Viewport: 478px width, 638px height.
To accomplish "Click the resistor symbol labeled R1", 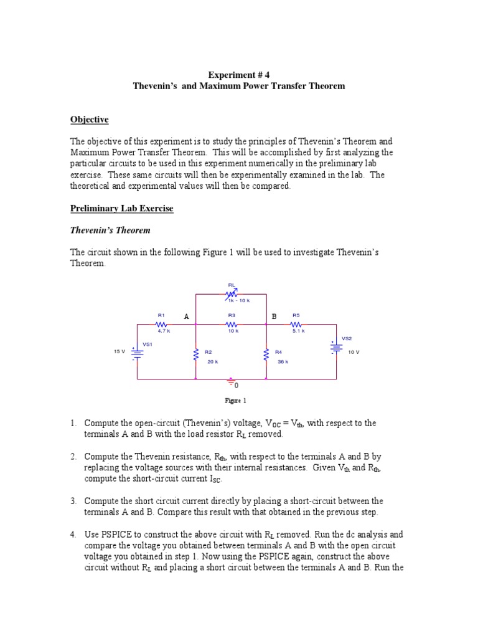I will click(161, 324).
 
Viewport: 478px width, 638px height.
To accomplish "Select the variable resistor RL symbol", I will click(232, 293).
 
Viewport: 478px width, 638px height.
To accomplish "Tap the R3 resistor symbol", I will click(232, 324).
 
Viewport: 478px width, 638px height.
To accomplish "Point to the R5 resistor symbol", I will click(296, 324).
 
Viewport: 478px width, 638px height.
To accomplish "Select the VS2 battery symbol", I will click(337, 347).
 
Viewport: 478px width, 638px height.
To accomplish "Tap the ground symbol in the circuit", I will click(232, 381).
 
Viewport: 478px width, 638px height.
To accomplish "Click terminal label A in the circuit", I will click(186, 317).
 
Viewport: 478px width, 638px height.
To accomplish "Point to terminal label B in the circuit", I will click(274, 317).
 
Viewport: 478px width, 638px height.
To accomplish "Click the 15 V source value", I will click(119, 351).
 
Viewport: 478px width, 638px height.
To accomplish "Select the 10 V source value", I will click(354, 352).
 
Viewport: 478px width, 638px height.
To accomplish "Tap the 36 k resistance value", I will click(283, 361).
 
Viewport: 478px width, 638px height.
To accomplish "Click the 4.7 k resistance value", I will click(164, 331).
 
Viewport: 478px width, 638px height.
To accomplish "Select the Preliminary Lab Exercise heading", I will click(121, 209).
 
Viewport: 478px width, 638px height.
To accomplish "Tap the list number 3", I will click(73, 501).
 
